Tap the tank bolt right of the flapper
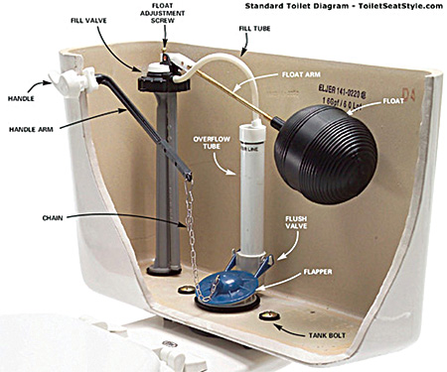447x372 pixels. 267,316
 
